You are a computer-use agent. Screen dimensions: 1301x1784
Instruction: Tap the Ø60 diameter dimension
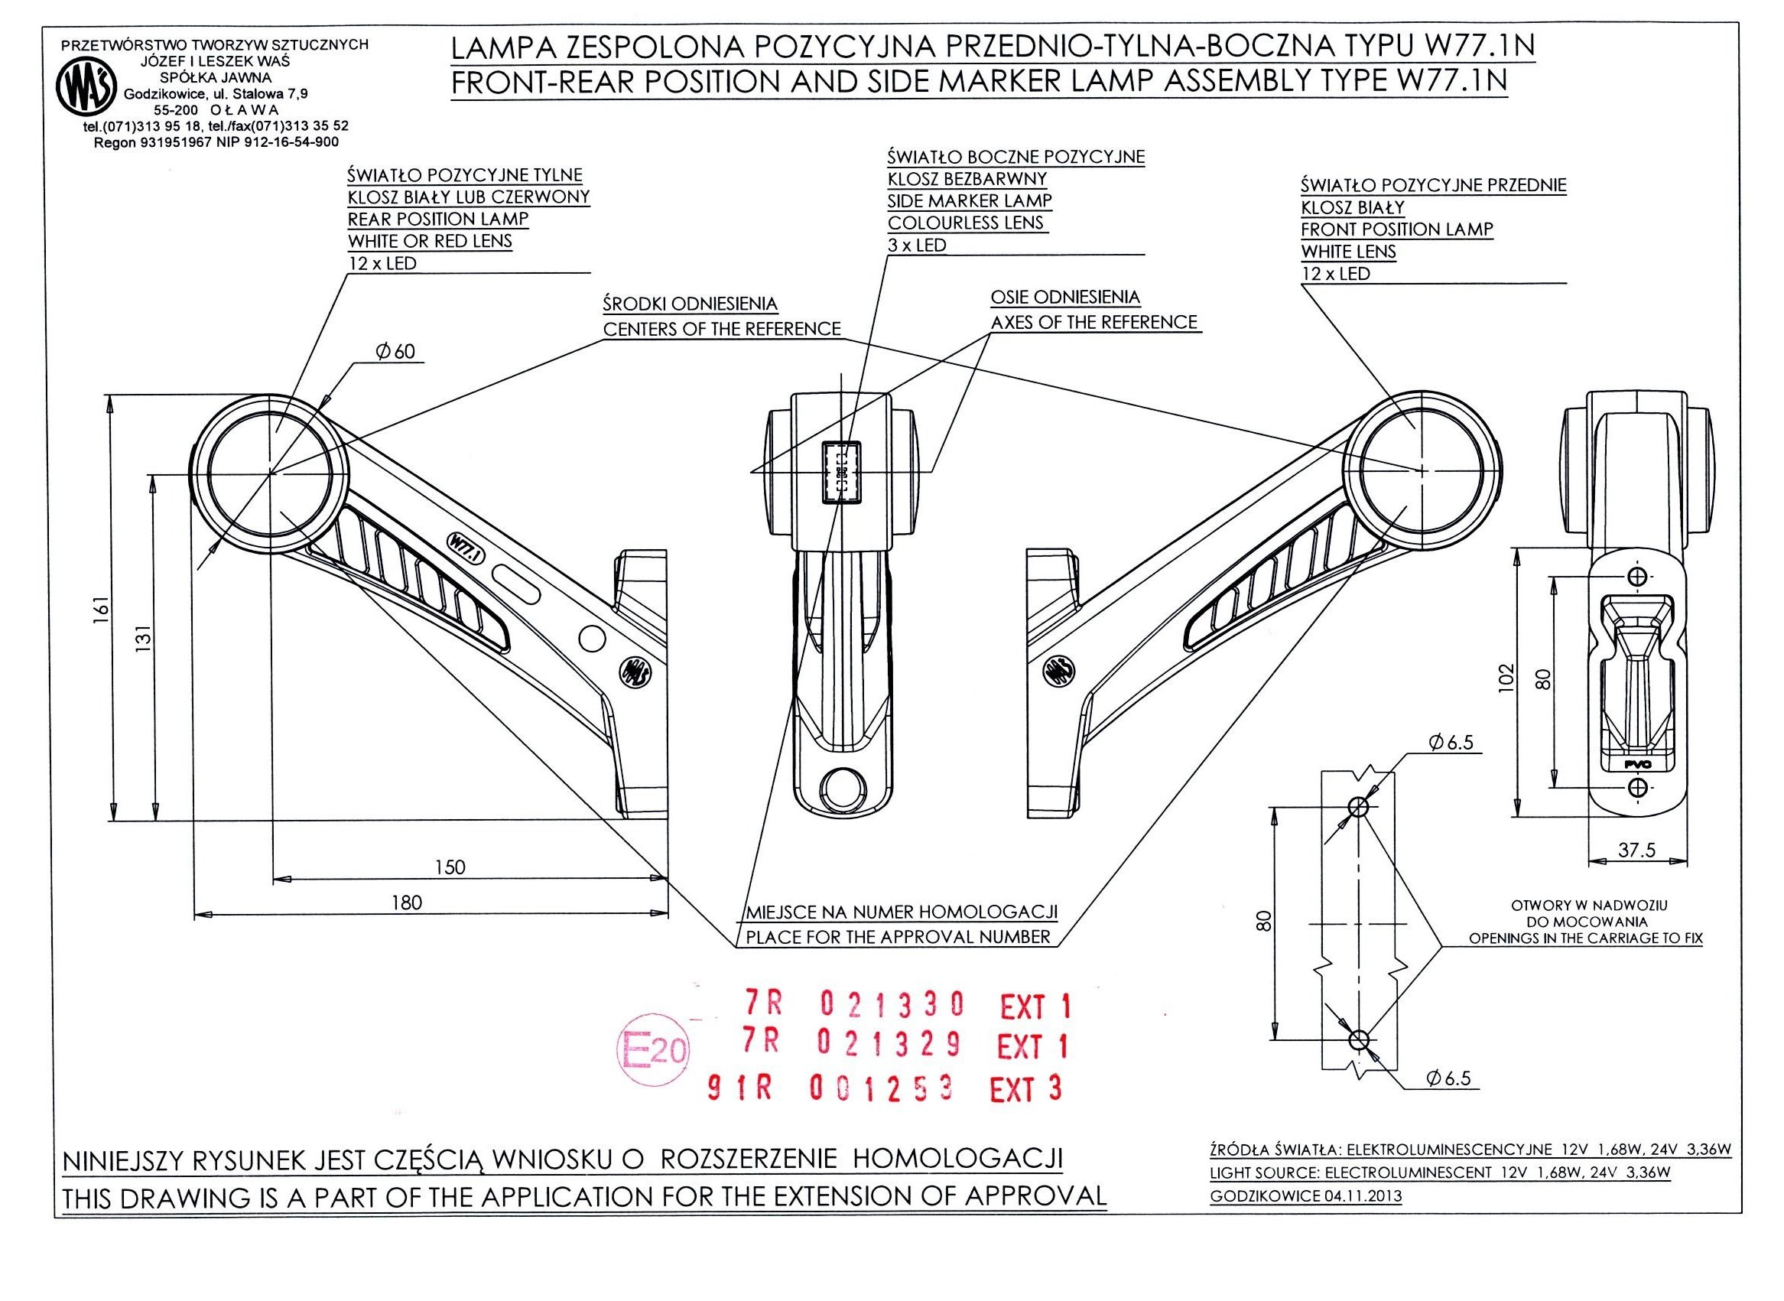pyautogui.click(x=396, y=351)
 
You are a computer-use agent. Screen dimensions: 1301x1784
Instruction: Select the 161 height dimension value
pyautogui.click(x=99, y=610)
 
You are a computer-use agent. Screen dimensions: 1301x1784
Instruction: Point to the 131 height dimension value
pyautogui.click(x=143, y=641)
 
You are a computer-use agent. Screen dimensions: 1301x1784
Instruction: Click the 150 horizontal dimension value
pyautogui.click(x=450, y=867)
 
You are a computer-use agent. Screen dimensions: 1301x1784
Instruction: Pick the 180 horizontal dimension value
pyautogui.click(x=407, y=903)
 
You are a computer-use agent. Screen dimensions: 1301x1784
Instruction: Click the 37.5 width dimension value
pyautogui.click(x=1636, y=850)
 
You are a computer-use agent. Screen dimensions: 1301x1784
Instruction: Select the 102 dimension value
pyautogui.click(x=1507, y=678)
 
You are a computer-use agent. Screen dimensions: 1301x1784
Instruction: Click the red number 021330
pyautogui.click(x=892, y=1003)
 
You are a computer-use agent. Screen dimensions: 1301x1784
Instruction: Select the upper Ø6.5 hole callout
pyautogui.click(x=1449, y=743)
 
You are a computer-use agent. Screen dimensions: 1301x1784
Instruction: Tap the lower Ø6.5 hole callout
pyautogui.click(x=1448, y=1078)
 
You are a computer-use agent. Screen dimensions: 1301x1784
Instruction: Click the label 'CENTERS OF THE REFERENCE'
pyautogui.click(x=722, y=329)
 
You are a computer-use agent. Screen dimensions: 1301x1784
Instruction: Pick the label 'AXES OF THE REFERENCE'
pyautogui.click(x=1093, y=322)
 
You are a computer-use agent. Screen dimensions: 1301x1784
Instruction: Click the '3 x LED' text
pyautogui.click(x=916, y=245)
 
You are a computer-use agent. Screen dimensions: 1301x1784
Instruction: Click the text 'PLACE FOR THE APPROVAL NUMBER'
pyautogui.click(x=898, y=937)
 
